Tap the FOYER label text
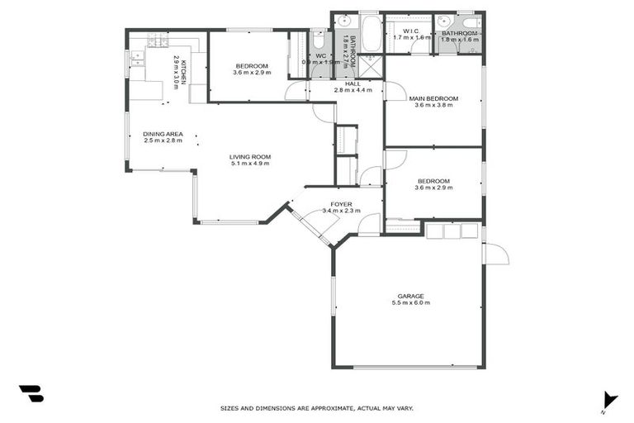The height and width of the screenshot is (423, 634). [341, 203]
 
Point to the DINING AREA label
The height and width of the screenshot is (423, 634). [163, 134]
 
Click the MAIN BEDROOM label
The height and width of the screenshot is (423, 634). [433, 98]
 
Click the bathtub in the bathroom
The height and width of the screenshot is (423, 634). [369, 34]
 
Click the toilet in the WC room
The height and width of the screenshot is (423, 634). [319, 39]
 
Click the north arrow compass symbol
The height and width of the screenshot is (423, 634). [608, 400]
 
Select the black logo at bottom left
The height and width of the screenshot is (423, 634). [31, 394]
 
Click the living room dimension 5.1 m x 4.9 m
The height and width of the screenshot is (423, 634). [250, 164]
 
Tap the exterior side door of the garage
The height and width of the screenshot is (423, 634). [495, 254]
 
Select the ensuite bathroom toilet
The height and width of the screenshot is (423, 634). [471, 22]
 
